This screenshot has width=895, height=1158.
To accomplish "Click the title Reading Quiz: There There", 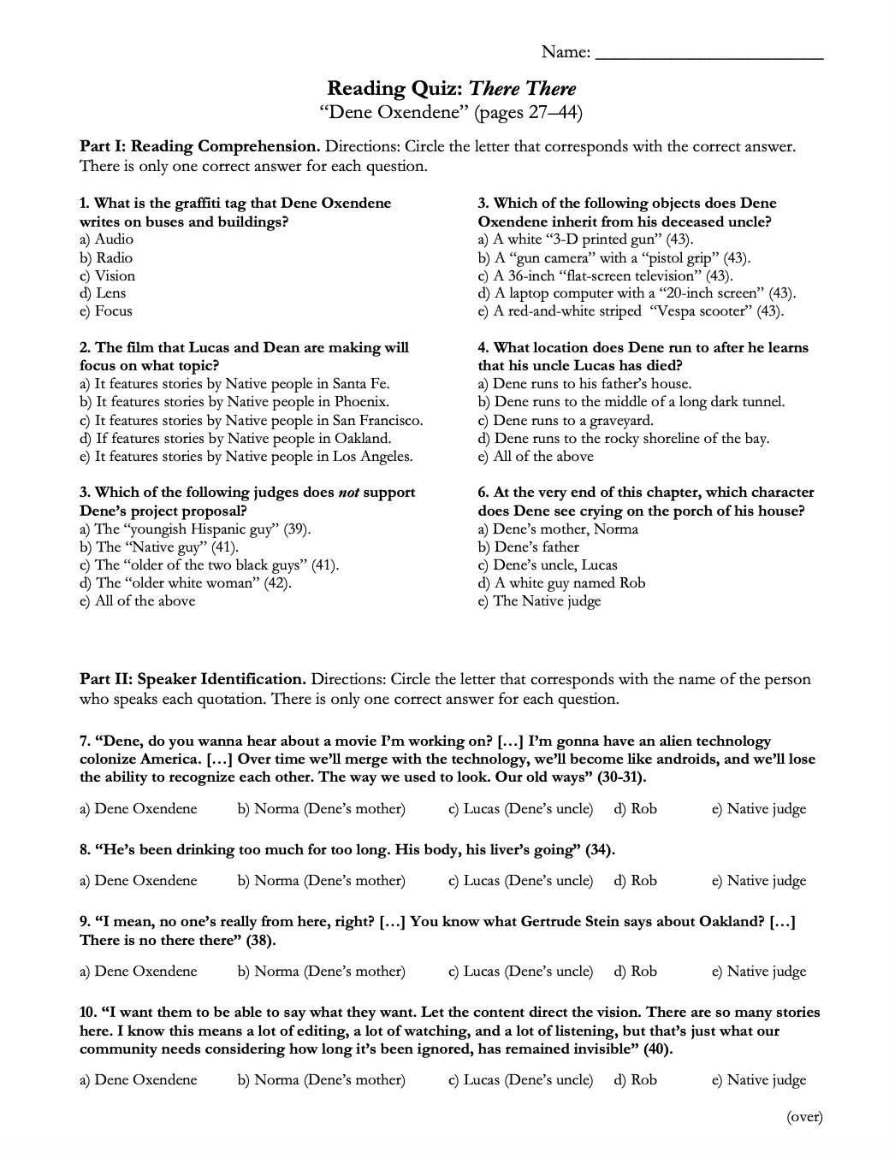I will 452,88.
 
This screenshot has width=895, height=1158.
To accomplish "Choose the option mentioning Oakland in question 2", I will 235,438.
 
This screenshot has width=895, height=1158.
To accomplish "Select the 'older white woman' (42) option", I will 186,582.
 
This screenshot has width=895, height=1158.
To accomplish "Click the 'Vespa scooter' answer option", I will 631,311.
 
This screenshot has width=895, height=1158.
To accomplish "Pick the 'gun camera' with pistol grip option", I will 613,257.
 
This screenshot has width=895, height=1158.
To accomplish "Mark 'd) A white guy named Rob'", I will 561,582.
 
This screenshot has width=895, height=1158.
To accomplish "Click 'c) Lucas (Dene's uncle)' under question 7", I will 520,808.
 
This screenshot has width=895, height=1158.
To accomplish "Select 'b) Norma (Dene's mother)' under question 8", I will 321,880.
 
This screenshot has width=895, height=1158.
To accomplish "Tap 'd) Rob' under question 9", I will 635,971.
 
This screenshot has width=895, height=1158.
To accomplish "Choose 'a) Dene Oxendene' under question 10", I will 138,1079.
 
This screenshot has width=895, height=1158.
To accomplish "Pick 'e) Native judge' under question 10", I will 759,1079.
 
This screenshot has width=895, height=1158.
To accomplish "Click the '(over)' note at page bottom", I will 804,1116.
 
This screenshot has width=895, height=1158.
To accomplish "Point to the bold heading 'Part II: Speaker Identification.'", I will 193,679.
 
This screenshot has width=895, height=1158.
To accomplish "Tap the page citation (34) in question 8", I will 600,849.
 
